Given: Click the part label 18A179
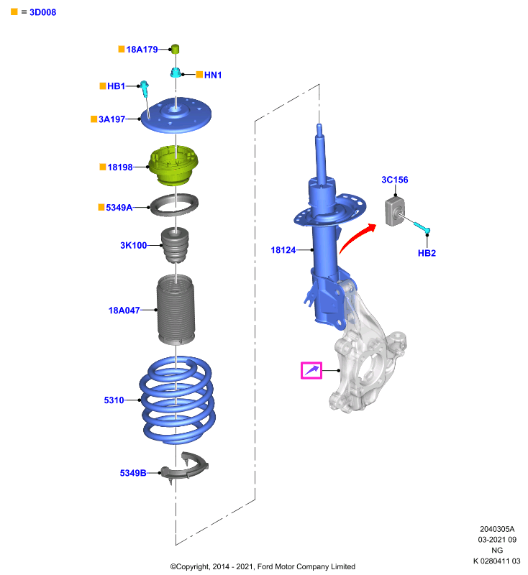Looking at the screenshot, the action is (142, 50).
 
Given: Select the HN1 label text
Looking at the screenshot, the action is (213, 75).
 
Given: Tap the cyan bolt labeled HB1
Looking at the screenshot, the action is (145, 89).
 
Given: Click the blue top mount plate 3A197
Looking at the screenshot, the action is (176, 115).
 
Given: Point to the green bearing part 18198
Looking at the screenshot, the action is (173, 165).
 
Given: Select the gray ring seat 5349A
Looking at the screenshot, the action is (174, 205).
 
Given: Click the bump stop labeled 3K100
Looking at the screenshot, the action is (175, 245).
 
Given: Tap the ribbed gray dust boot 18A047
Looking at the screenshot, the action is (176, 310).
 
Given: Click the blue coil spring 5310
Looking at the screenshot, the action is (177, 400).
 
